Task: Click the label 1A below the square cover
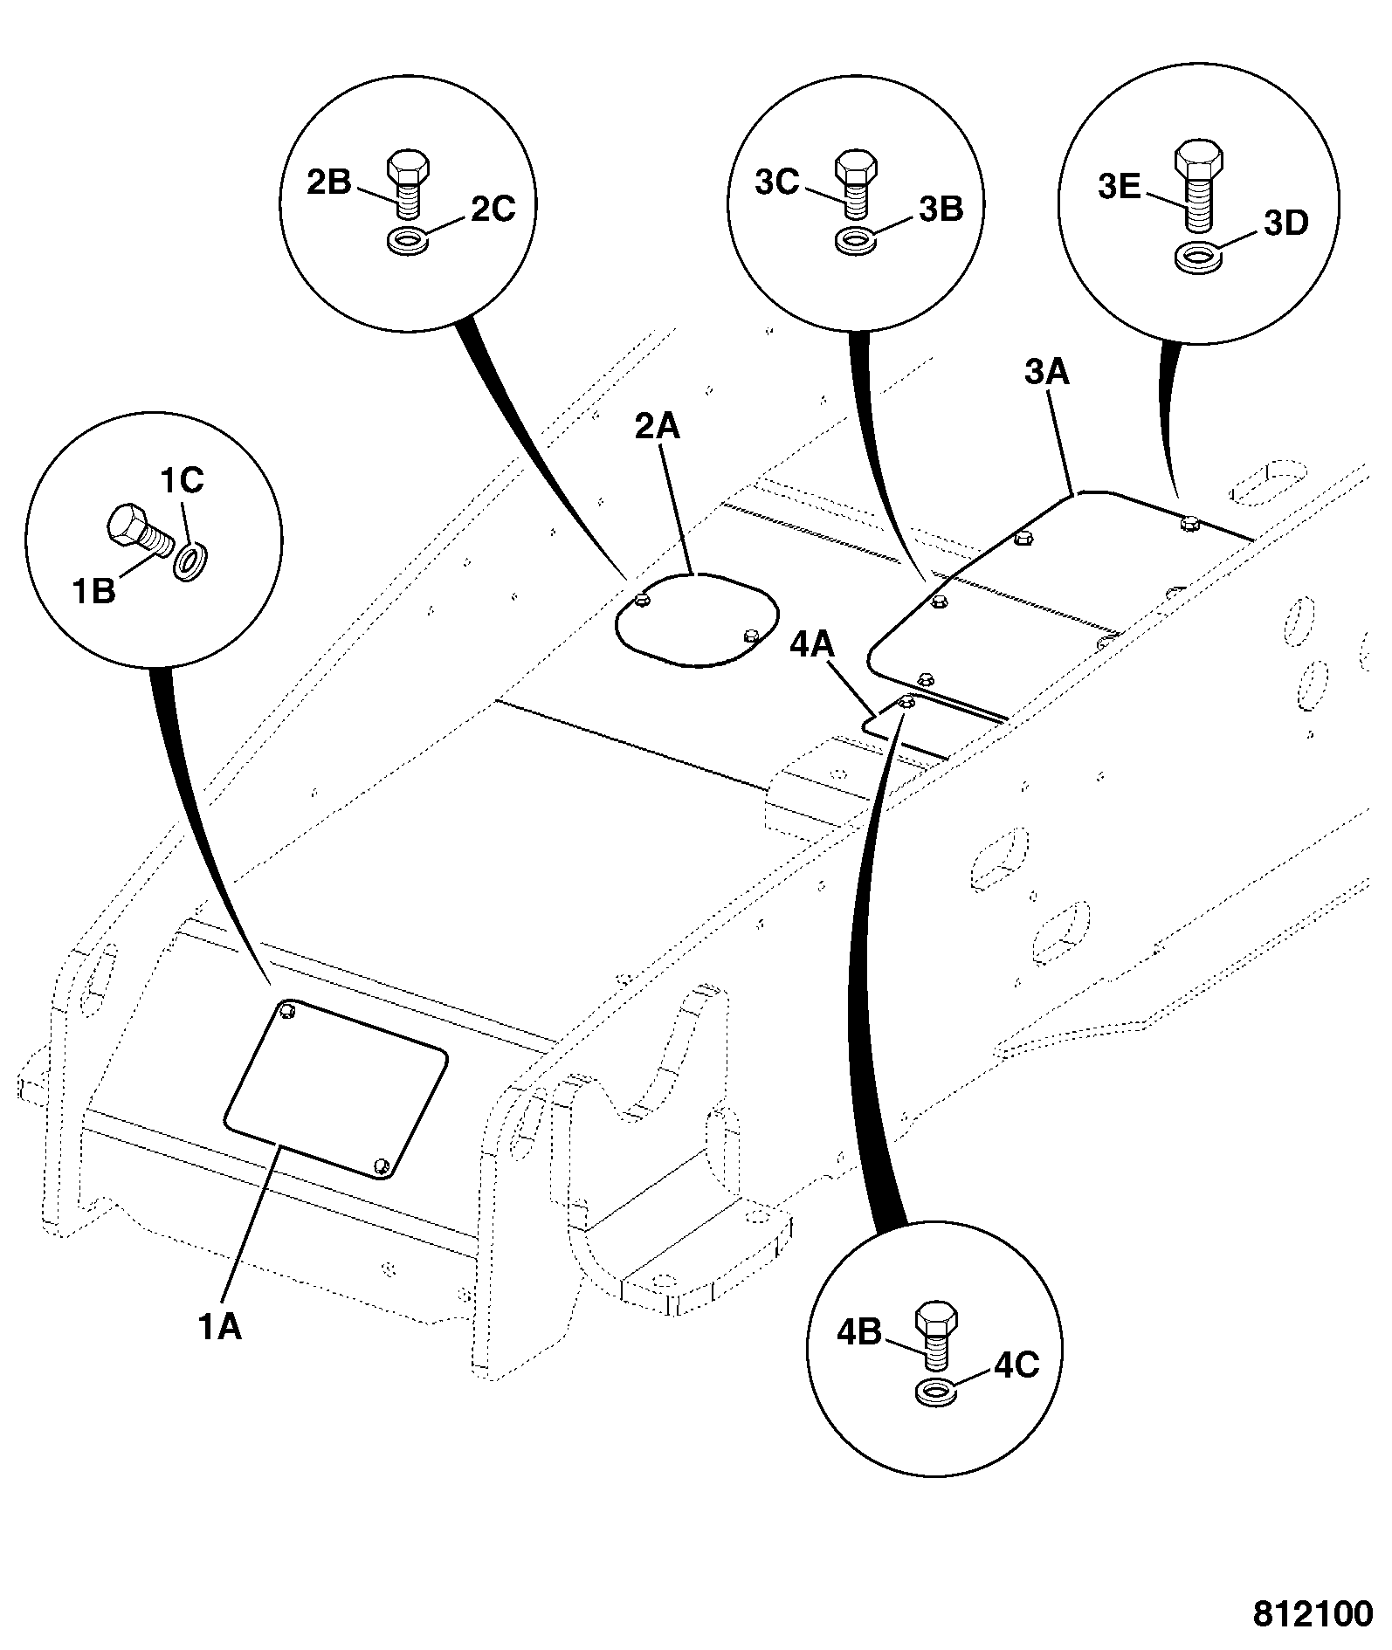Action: (x=219, y=1328)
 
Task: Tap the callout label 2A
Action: (x=657, y=427)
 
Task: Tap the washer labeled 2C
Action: (x=407, y=240)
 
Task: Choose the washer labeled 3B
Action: (x=854, y=240)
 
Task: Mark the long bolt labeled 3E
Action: (x=1199, y=189)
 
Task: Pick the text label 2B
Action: (x=328, y=182)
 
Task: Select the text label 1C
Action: (x=181, y=479)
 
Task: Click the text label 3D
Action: (x=1286, y=223)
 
